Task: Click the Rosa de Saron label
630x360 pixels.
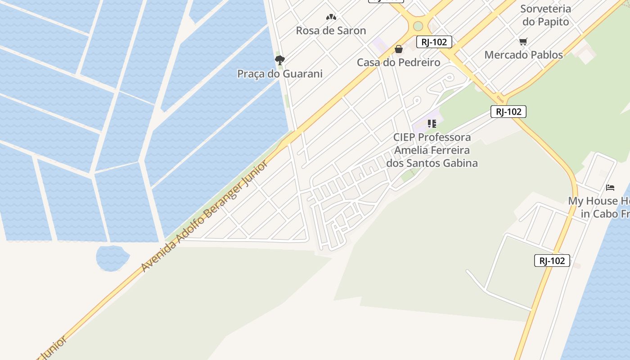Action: tap(331, 31)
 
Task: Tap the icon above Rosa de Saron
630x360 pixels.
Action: tap(331, 17)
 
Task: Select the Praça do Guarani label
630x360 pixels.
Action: tap(279, 74)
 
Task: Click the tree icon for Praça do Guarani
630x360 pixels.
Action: tap(280, 60)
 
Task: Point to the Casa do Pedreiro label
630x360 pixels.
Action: tap(398, 63)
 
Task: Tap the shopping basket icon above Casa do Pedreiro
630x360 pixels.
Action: tap(399, 49)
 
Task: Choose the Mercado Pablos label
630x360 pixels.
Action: tap(523, 55)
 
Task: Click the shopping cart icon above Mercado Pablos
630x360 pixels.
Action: tap(523, 42)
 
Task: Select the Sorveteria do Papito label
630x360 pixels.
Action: tap(545, 15)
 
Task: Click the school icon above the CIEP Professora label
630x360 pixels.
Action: tap(432, 123)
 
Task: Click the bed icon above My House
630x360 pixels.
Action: tap(610, 187)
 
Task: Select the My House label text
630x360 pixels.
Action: tap(598, 207)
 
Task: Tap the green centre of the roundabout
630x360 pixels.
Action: tap(418, 26)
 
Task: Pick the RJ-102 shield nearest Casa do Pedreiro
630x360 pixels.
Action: tap(434, 42)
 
